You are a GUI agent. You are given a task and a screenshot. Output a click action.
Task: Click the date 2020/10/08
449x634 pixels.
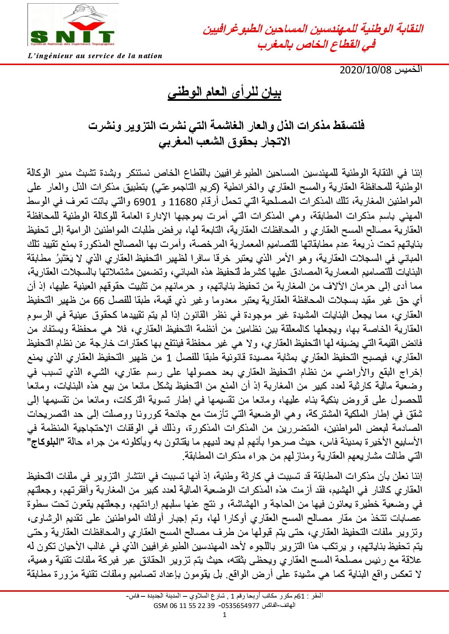point(366,70)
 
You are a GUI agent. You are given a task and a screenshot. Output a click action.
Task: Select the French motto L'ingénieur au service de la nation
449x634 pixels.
point(95,56)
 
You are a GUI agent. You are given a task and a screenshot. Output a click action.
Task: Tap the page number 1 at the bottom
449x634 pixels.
point(224,615)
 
